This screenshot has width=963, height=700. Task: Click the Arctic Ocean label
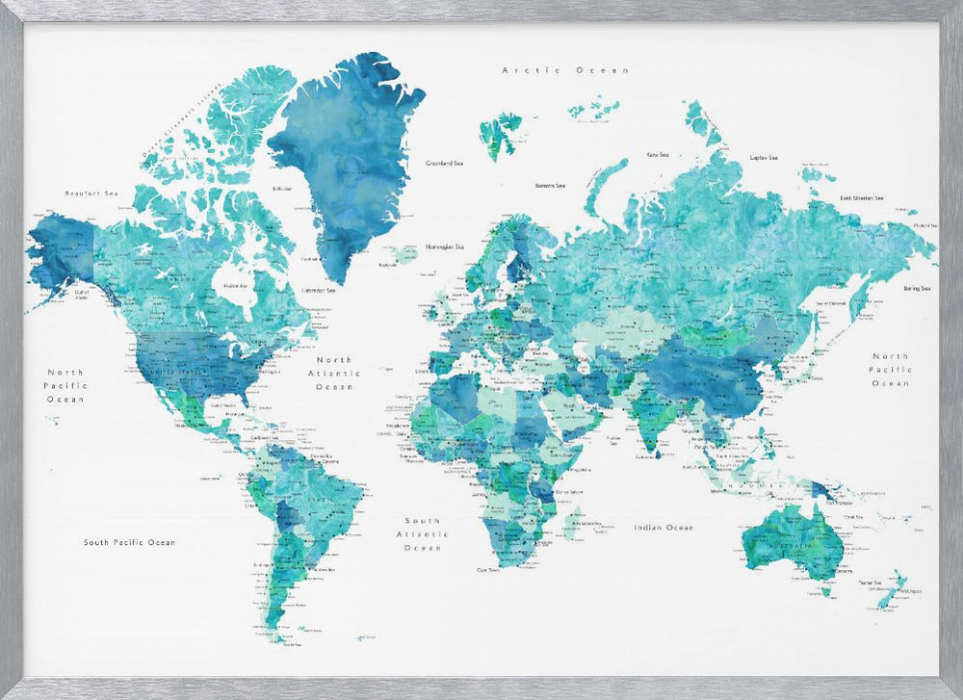click(x=565, y=70)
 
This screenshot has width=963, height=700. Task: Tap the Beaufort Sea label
click(x=91, y=194)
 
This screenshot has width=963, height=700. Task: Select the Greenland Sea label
click(x=445, y=164)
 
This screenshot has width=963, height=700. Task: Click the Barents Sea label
click(x=551, y=186)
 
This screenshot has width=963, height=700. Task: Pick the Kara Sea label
click(x=658, y=154)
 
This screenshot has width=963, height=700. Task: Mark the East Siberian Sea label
click(x=862, y=198)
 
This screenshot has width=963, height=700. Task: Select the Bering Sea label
click(x=916, y=288)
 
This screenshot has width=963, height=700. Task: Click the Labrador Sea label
click(x=319, y=290)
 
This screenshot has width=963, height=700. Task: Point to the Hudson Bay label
click(x=234, y=286)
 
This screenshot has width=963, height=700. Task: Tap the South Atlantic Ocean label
click(x=422, y=533)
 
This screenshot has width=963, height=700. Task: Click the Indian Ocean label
click(x=664, y=528)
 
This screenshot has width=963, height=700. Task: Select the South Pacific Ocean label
click(x=129, y=543)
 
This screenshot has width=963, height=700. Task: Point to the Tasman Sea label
click(x=870, y=583)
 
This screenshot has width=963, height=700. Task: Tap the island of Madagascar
click(x=571, y=525)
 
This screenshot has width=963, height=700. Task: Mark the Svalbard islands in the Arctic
click(x=501, y=128)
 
